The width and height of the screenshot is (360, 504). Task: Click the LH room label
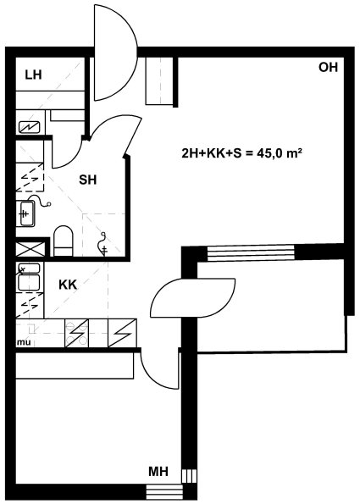[x=33, y=75]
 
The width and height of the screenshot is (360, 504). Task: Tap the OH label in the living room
[x=328, y=67]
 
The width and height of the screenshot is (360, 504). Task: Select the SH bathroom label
[x=88, y=180]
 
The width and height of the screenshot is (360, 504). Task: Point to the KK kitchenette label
[x=68, y=285]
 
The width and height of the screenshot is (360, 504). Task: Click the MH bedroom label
[x=158, y=472]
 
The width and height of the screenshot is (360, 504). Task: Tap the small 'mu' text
[x=24, y=343]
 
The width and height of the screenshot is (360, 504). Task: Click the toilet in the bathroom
[x=64, y=241]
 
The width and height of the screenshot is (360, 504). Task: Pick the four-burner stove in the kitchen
[x=76, y=333]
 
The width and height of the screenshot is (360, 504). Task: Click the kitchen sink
[x=29, y=277]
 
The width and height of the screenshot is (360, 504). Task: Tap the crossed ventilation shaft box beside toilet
[x=30, y=249]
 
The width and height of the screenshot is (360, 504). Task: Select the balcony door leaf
[x=193, y=297]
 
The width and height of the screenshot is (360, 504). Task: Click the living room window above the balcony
[x=251, y=253]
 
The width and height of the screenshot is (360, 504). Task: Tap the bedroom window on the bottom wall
[x=164, y=491]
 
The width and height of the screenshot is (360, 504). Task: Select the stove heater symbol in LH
[x=30, y=128]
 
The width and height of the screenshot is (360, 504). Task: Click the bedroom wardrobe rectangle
[x=75, y=366]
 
